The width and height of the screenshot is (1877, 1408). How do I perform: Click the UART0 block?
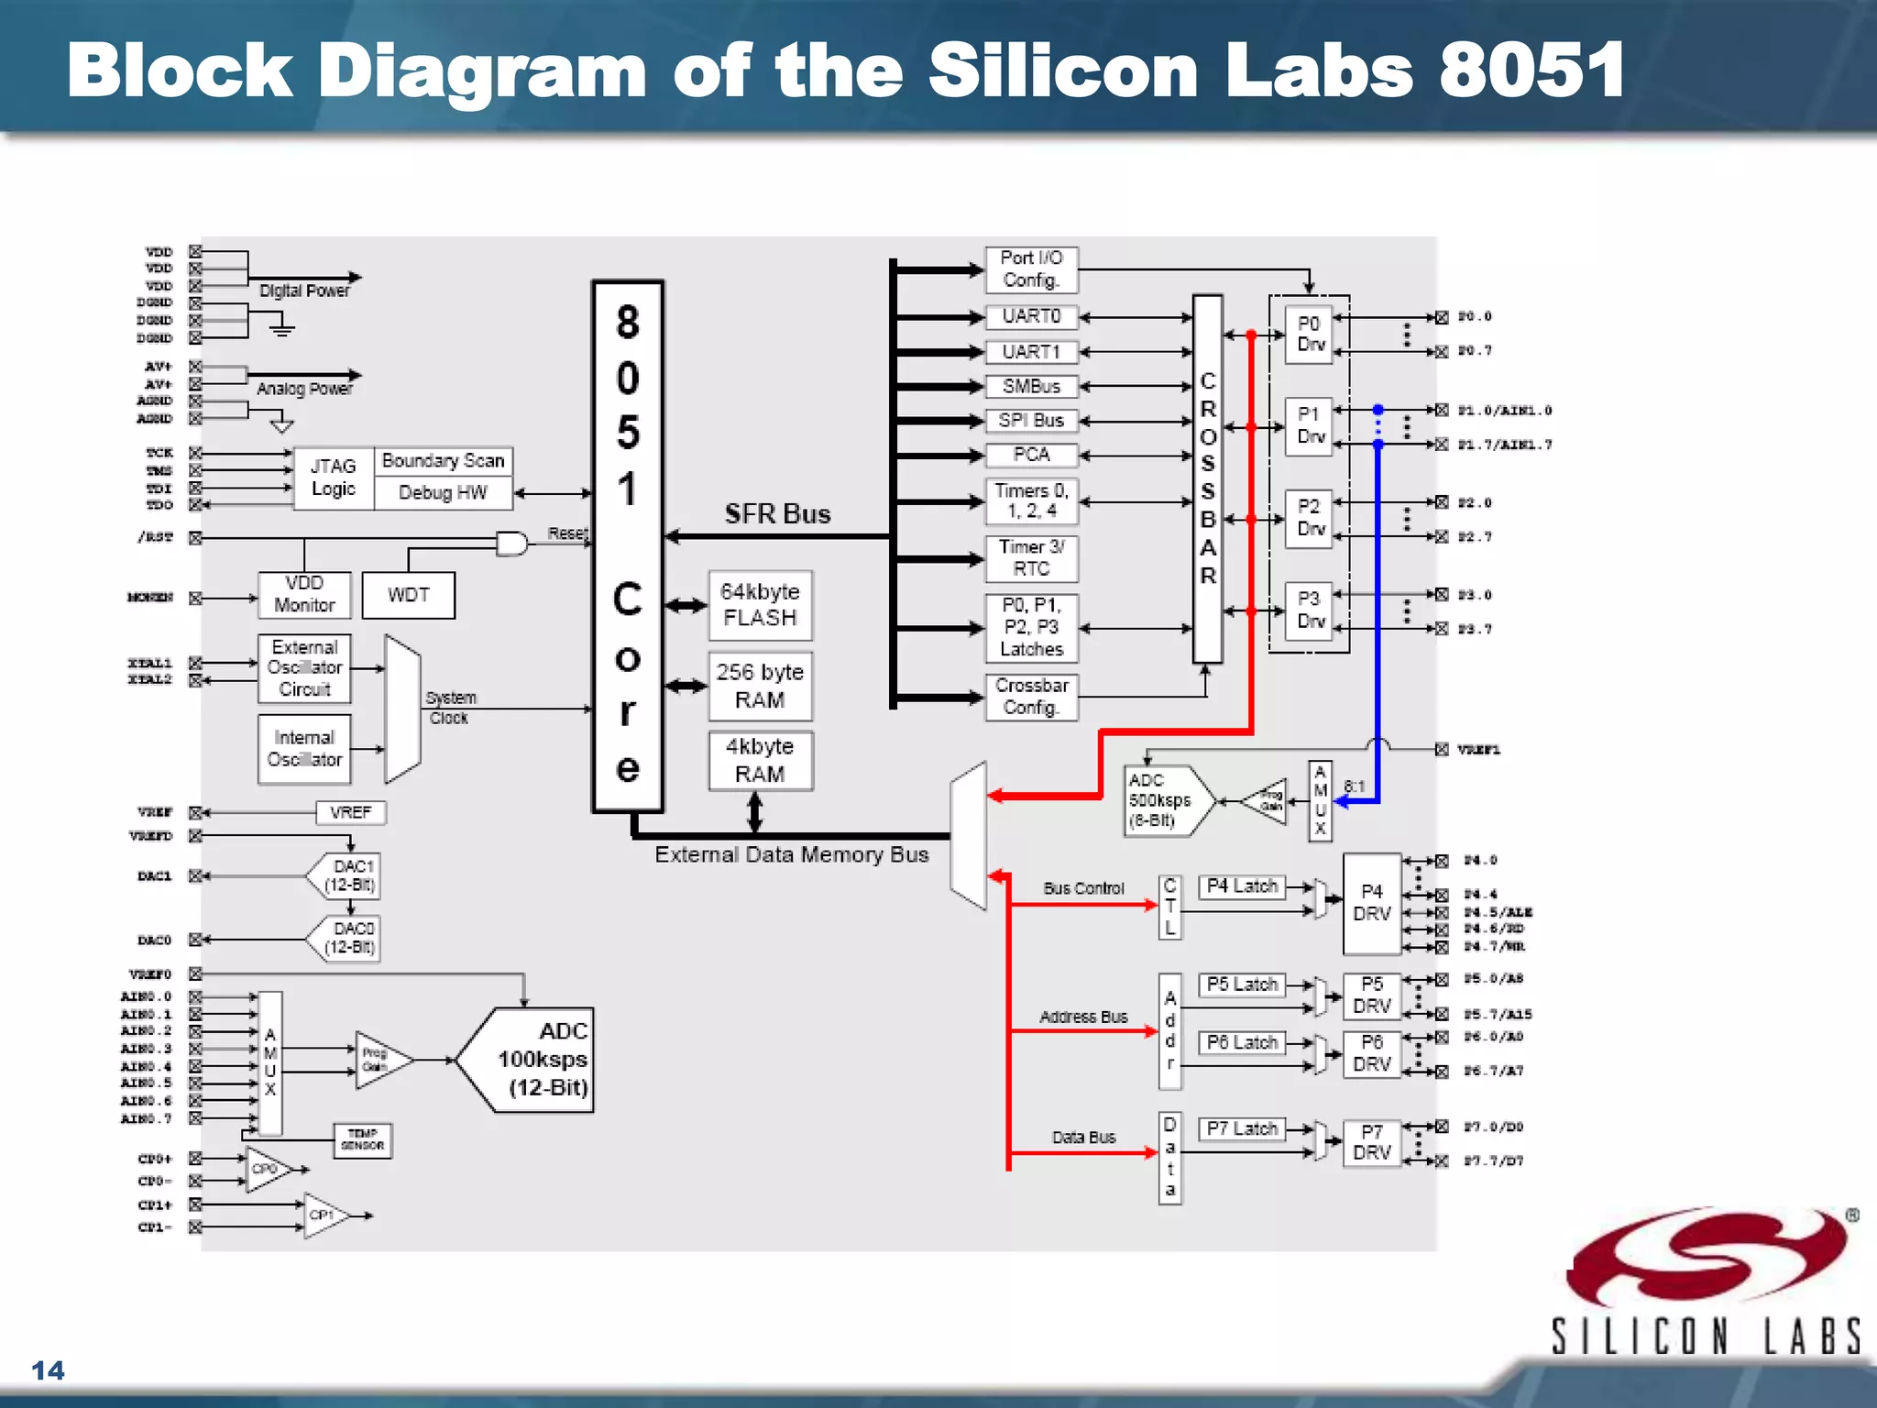coord(1031,317)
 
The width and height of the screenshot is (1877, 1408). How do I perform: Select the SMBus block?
coord(1031,387)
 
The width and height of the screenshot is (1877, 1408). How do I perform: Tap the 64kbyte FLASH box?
coord(760,605)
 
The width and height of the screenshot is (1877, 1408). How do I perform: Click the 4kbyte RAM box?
coord(760,761)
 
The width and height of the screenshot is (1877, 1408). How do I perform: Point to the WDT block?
coord(409,596)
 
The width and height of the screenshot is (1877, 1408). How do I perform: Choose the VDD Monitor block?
coord(304,595)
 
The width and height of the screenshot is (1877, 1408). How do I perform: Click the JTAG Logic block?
coord(334,478)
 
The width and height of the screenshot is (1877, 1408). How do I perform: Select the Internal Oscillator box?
coord(304,749)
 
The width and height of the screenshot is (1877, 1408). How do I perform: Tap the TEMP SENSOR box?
coord(363,1140)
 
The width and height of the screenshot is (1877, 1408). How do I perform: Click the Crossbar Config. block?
coord(1031,697)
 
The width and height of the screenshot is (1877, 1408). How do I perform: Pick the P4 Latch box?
coord(1242,886)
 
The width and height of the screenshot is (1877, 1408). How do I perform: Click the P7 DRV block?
coord(1371,1143)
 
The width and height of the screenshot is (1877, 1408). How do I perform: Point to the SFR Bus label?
coord(777,514)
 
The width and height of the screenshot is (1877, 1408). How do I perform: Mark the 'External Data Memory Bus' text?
coord(791,855)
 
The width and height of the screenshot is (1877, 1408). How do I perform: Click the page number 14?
coord(48,1370)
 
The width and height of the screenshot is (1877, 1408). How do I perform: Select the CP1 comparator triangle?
coord(324,1215)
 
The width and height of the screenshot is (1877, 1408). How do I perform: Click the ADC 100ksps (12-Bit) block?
coord(532,1061)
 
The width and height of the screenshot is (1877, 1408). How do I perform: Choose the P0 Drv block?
coord(1309,335)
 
